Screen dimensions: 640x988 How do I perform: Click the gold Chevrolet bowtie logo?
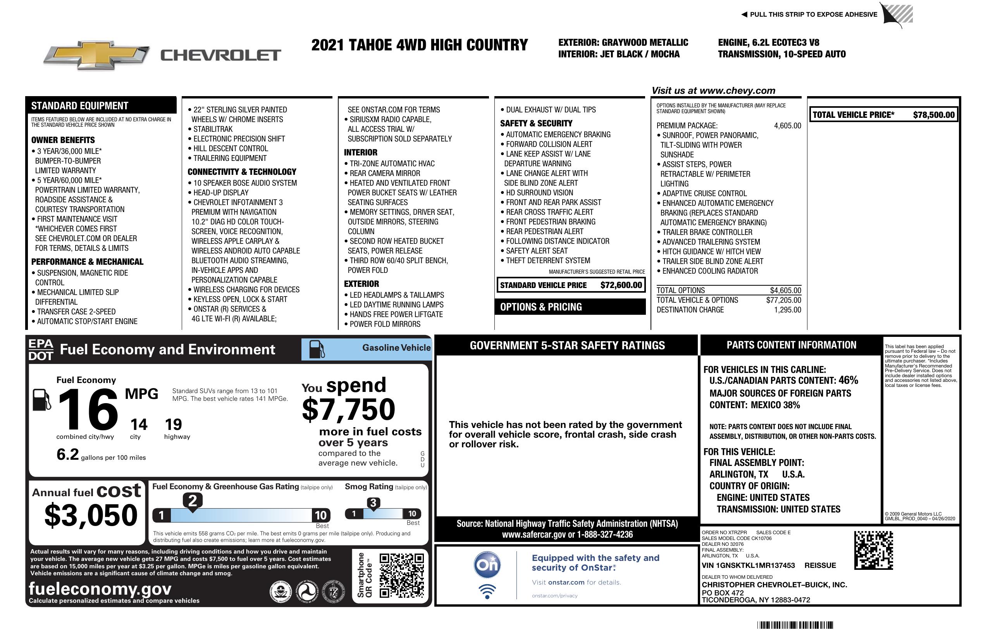[x=96, y=55]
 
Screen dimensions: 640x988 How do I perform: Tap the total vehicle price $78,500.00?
[x=933, y=115]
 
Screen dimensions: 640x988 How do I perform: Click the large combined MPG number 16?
[x=88, y=409]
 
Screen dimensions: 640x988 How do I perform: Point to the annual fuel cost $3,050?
[x=91, y=515]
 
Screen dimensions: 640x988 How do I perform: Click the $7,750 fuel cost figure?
[x=349, y=409]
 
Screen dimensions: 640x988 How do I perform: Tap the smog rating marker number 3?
[x=373, y=503]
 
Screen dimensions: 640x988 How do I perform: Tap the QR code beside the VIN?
[x=873, y=550]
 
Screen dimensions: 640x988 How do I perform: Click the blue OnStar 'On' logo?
[x=487, y=565]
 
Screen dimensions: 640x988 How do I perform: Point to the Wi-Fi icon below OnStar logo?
[x=487, y=592]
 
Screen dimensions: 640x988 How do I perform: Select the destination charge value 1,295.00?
[x=787, y=310]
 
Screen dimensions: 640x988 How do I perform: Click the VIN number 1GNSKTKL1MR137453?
[x=748, y=565]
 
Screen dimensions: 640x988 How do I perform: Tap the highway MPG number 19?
[x=174, y=424]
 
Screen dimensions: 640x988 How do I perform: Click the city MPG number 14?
[x=139, y=424]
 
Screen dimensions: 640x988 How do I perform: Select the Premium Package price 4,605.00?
[x=787, y=126]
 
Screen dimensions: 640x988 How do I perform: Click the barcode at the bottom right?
[x=795, y=625]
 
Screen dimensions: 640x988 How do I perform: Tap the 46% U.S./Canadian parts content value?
[x=848, y=380]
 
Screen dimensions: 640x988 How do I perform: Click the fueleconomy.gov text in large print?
[x=100, y=588]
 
